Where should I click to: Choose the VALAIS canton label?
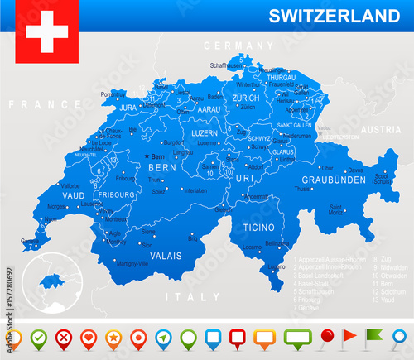pos(164,256)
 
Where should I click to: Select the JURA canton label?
pos(128,108)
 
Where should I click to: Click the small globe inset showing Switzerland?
pos(51,281)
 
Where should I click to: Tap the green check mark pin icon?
pos(37,337)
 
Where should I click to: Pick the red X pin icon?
pos(63,337)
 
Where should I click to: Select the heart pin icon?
pos(89,337)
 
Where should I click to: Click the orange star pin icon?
pos(114,337)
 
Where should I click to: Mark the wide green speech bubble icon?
pos(298,337)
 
